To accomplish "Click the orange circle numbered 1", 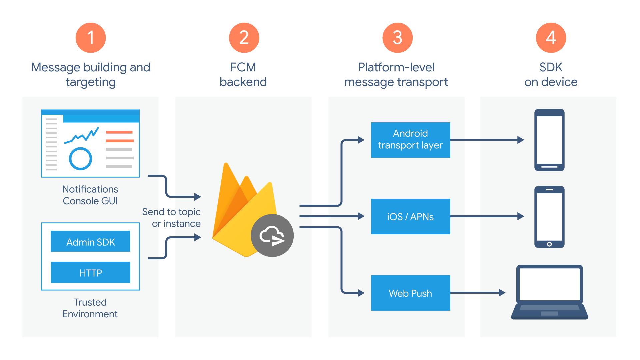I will pos(91,38).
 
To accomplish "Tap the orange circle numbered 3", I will pos(397,38).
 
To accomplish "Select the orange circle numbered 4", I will pos(551,38).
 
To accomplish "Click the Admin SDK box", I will pos(90,241).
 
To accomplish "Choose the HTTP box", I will pos(90,272).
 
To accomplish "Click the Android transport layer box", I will pos(410,140).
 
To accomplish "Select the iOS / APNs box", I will pos(410,216).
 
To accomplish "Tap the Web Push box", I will pos(410,293).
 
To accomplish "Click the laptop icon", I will pos(549,292).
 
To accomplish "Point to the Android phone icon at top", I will pos(549,140).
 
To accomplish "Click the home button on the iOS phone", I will pos(549,244).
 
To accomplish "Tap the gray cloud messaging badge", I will pos(272,235).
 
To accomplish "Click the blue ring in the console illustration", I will pos(80,159).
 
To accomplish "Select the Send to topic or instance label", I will pos(172,217).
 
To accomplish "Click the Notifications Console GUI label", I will pos(90,195).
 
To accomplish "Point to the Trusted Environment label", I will pos(90,308).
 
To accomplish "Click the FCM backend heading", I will pos(243,74).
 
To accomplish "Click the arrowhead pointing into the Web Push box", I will pos(361,293).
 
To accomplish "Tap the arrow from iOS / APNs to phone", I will pos(487,216).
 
